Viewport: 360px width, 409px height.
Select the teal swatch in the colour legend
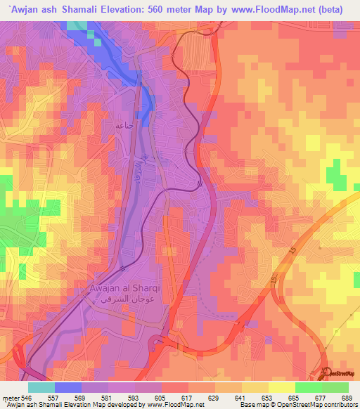pyautogui.click(x=41, y=387)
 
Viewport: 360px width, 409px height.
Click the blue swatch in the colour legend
pyautogui.click(x=68, y=387)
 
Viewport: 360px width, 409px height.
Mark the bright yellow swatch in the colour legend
pyautogui.click(x=281, y=387)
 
